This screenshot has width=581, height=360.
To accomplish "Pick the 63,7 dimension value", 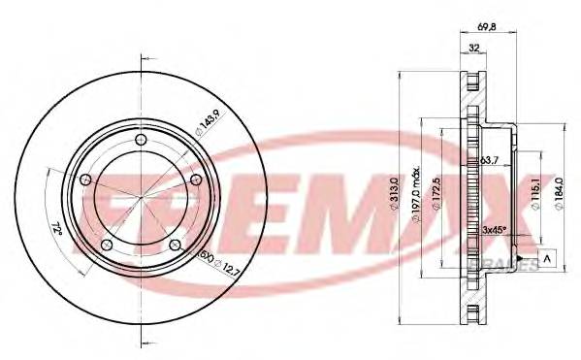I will coord(491,161).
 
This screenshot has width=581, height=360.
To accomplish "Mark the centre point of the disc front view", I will coord(142,200).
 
